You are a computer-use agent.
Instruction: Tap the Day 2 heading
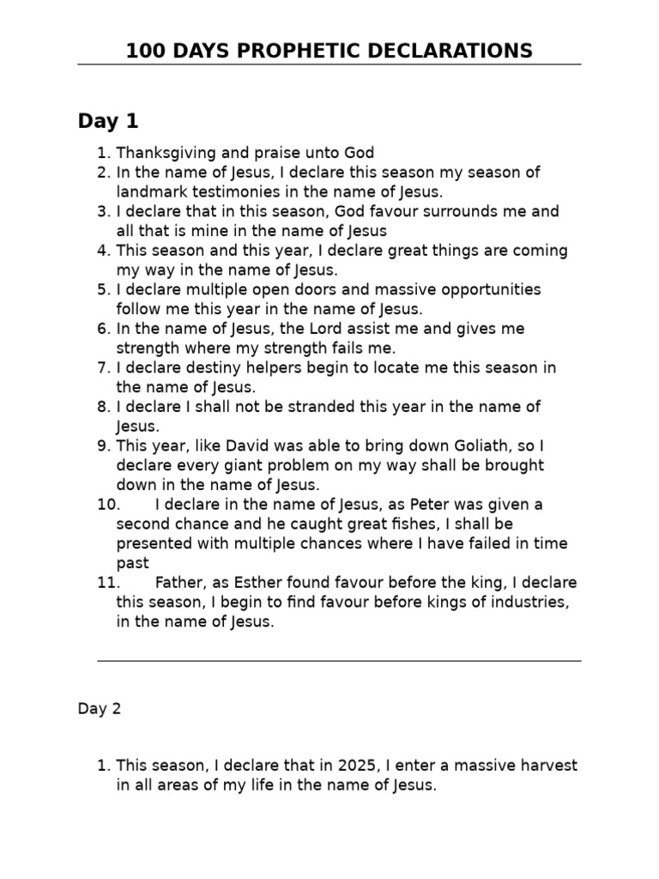coord(100,708)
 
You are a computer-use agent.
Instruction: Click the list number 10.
coord(110,504)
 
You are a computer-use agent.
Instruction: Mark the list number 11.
coord(109,582)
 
